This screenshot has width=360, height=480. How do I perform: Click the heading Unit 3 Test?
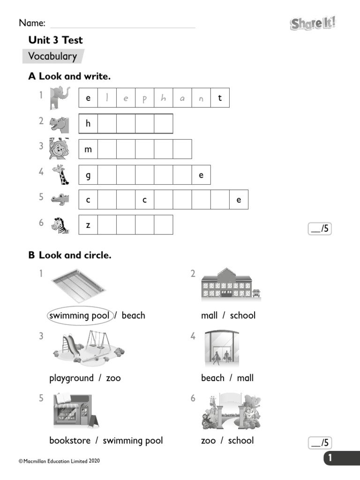tap(55, 40)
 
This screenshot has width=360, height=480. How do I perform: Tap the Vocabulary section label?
tap(52, 57)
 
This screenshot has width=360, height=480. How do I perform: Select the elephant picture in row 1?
tap(60, 97)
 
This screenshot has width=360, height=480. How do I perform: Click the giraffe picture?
tap(60, 175)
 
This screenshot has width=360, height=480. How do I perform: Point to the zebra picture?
tap(60, 225)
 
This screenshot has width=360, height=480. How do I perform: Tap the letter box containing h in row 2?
tap(88, 124)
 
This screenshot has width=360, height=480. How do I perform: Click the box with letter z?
tap(88, 225)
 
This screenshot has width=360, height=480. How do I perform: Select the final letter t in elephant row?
tap(220, 98)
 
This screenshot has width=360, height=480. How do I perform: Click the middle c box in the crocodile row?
tap(145, 200)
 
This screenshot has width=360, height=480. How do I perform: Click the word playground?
tap(71, 378)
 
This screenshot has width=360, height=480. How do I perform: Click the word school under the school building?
tap(242, 315)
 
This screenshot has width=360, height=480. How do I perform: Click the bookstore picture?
tap(75, 411)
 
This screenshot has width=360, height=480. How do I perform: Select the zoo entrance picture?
tap(231, 411)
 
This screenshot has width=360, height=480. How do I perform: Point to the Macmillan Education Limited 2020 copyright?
tap(59, 461)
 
